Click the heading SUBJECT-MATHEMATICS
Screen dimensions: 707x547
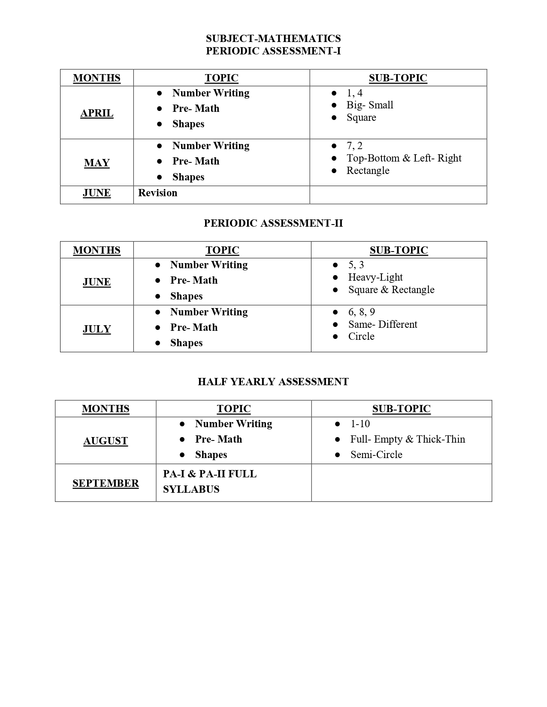pyautogui.click(x=273, y=39)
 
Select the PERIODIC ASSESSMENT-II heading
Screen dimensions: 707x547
pyautogui.click(x=273, y=223)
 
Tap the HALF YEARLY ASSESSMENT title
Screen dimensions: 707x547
pyautogui.click(x=273, y=382)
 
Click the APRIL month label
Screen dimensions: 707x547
pyautogui.click(x=97, y=113)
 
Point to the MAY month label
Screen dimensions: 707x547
pyautogui.click(x=97, y=163)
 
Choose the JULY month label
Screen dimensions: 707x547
pyautogui.click(x=97, y=329)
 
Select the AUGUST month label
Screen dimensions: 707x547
pyautogui.click(x=106, y=441)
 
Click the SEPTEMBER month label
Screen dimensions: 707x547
pyautogui.click(x=106, y=483)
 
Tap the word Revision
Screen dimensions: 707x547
pyautogui.click(x=157, y=193)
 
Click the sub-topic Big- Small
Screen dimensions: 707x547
pyautogui.click(x=370, y=105)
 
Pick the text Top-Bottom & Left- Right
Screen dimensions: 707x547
pyautogui.click(x=404, y=158)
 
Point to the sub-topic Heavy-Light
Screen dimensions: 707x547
pyautogui.click(x=375, y=277)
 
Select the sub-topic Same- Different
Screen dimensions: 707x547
pyautogui.click(x=383, y=324)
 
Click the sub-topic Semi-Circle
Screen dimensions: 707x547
pyautogui.click(x=376, y=455)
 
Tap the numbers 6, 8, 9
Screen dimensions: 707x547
pyautogui.click(x=362, y=312)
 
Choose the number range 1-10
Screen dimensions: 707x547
pyautogui.click(x=360, y=424)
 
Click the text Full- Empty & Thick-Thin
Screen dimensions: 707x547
pyautogui.click(x=408, y=439)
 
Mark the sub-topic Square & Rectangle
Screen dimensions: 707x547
pyautogui.click(x=391, y=290)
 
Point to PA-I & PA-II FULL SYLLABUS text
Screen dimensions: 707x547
pyautogui.click(x=209, y=482)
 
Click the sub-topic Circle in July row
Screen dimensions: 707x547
pyautogui.click(x=361, y=336)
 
